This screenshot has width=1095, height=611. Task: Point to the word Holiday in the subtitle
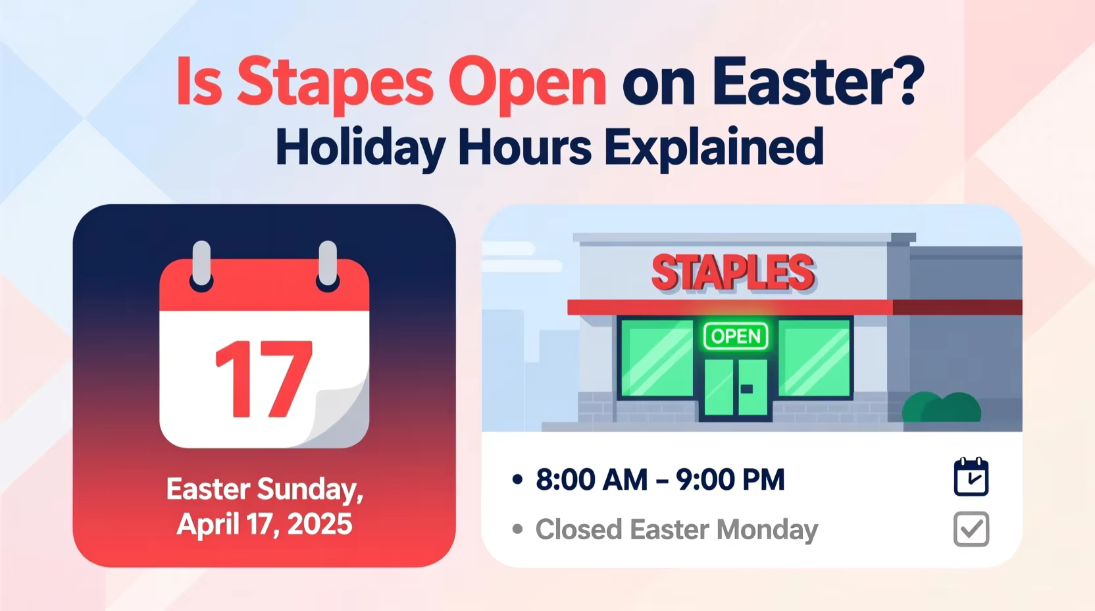click(x=359, y=147)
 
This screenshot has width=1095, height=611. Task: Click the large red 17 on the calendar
click(x=263, y=380)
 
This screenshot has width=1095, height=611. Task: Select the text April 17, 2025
click(x=265, y=525)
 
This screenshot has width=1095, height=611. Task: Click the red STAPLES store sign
click(x=733, y=273)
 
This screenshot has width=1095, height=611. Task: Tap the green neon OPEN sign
click(x=736, y=336)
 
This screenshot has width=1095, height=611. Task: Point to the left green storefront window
click(x=657, y=358)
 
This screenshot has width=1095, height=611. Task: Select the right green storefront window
click(x=814, y=358)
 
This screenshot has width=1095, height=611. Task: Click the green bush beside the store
click(x=941, y=408)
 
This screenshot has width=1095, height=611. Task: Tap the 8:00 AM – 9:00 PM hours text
click(x=660, y=479)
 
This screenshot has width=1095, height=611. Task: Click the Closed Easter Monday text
click(x=676, y=529)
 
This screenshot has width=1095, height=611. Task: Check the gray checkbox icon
click(x=971, y=529)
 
